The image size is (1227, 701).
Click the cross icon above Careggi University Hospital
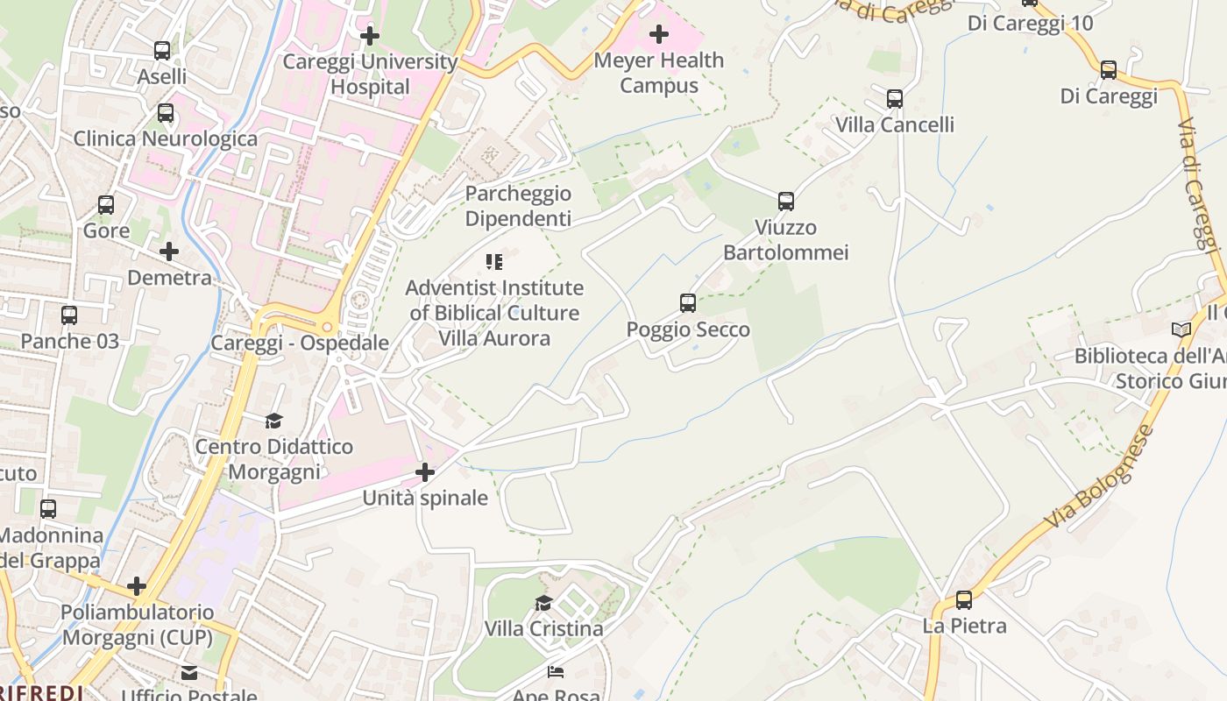[370, 36]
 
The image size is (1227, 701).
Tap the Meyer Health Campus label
[659, 73]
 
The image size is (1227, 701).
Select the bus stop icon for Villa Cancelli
[894, 99]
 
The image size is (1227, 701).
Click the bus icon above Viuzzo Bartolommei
[786, 202]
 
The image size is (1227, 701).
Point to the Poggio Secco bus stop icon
[688, 303]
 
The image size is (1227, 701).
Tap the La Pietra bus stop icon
[964, 600]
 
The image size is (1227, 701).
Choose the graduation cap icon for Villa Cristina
[544, 603]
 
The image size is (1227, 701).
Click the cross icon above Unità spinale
[425, 473]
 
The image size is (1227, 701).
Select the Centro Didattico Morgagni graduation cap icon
[274, 421]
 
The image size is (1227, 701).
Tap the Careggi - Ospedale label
[300, 343]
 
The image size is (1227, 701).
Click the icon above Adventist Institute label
[494, 262]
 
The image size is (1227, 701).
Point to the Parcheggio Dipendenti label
[518, 206]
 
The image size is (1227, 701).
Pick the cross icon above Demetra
[169, 252]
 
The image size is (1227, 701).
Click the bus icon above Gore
[106, 205]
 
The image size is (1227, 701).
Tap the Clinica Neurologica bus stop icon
[166, 113]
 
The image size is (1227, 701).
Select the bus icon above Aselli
[162, 51]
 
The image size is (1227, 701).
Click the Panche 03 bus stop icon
[69, 315]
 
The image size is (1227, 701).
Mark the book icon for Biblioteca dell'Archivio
[1181, 330]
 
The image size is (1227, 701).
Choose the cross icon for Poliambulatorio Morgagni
[137, 586]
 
